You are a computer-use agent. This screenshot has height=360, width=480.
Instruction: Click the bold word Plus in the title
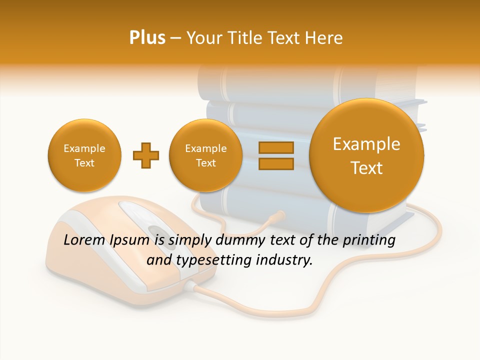pyautogui.click(x=147, y=38)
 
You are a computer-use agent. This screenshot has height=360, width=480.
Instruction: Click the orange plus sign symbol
pyautogui.click(x=146, y=155)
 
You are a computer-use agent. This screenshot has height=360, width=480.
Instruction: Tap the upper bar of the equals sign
pyautogui.click(x=276, y=148)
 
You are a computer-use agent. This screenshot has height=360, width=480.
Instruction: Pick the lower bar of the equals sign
pyautogui.click(x=276, y=163)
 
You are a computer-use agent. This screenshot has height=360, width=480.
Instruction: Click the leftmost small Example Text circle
pyautogui.click(x=84, y=155)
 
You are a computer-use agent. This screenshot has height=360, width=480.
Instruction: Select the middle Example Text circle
pyautogui.click(x=206, y=155)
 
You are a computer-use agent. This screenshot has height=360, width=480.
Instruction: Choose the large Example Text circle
pyautogui.click(x=366, y=155)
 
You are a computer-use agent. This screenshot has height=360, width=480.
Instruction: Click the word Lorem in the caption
pyautogui.click(x=84, y=240)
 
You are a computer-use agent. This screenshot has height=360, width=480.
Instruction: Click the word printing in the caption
pyautogui.click(x=368, y=240)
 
